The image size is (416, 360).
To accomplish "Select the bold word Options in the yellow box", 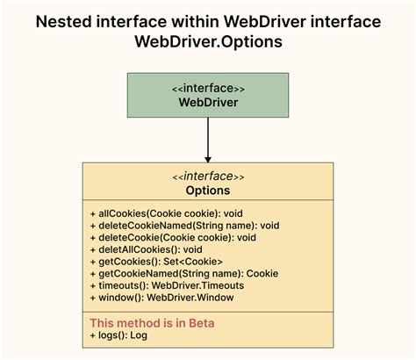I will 208,190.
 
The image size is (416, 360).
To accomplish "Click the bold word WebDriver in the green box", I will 208,102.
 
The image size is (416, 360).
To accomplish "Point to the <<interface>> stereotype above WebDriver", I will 208,88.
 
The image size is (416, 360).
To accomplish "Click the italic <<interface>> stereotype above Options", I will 208,176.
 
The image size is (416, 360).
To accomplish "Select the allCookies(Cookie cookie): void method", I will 166,212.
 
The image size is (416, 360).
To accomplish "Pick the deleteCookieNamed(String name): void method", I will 183,225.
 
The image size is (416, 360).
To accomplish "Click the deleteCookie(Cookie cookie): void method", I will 173,237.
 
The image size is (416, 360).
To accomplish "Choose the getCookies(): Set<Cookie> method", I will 155,262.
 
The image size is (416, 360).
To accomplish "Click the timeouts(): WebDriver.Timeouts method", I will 166,285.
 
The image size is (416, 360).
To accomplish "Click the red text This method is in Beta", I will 152,323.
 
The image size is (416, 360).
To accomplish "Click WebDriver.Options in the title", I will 208,42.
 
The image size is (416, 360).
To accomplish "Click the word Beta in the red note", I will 198,323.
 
